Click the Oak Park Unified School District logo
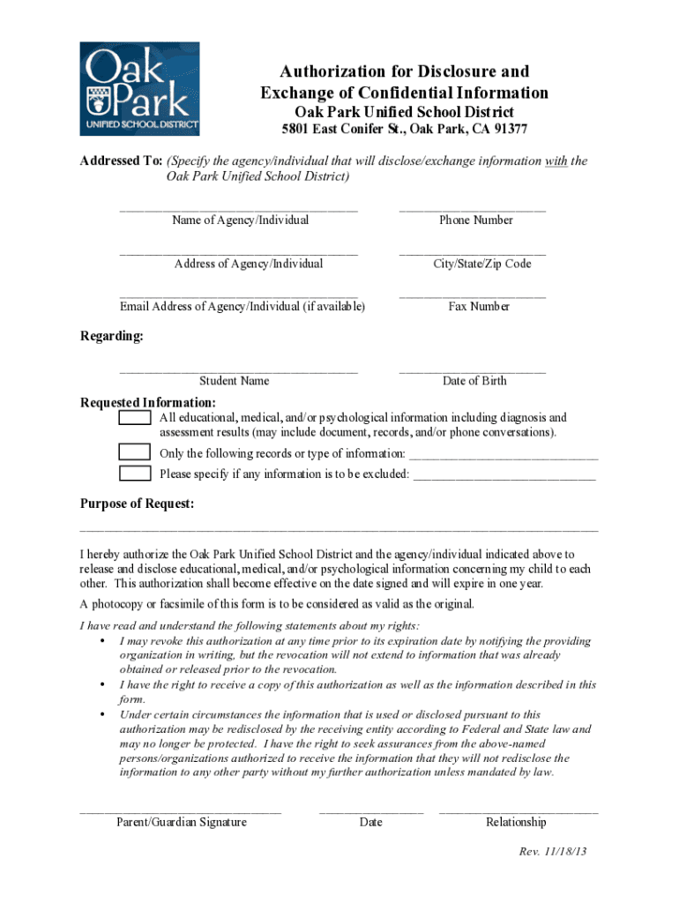(139, 88)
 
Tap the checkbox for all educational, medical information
(135, 417)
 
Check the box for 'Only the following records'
(135, 452)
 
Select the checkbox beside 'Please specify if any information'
(135, 474)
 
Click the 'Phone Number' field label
(476, 220)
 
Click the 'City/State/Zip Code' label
(481, 264)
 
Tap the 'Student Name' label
(234, 381)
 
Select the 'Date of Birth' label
(474, 381)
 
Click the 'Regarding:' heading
(112, 336)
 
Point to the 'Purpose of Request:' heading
(138, 504)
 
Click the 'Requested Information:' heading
(136, 403)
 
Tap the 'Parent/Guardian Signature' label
(182, 822)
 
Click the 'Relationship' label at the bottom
(516, 822)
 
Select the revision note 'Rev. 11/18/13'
(553, 852)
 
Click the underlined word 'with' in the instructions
(556, 161)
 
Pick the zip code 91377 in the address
(509, 129)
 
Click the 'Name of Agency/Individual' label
(241, 220)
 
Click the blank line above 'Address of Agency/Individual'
(239, 254)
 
